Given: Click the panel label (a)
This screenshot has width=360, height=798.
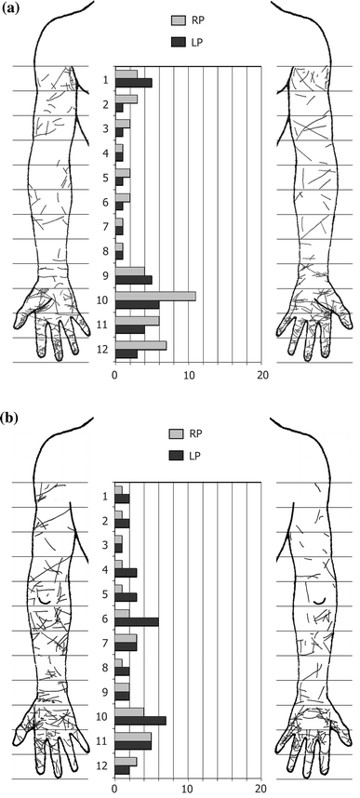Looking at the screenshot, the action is pyautogui.click(x=13, y=10).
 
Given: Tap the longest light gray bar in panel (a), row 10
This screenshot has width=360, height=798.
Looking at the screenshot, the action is pyautogui.click(x=154, y=297).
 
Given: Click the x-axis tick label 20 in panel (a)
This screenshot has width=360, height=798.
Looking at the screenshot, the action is pyautogui.click(x=263, y=375).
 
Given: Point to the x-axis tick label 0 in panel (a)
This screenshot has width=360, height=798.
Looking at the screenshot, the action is pyautogui.click(x=114, y=375).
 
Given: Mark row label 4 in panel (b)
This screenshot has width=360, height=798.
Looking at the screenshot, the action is pyautogui.click(x=105, y=569).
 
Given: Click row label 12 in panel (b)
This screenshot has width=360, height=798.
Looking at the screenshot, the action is pyautogui.click(x=102, y=765).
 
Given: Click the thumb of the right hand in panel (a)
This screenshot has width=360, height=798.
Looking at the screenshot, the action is pyautogui.click(x=337, y=317).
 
